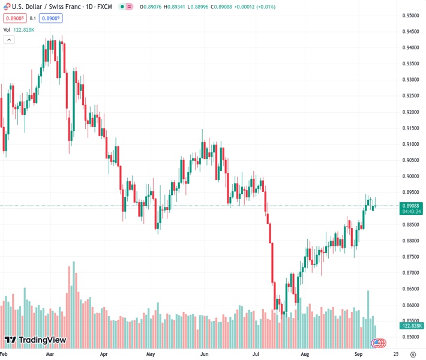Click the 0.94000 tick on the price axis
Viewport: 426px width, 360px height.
click(410, 47)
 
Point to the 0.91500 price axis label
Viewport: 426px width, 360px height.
click(410, 128)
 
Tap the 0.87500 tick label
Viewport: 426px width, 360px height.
click(410, 256)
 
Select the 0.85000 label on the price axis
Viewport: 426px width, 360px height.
click(410, 337)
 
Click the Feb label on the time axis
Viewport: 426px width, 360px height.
click(5, 354)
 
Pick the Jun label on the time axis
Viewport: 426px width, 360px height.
click(203, 354)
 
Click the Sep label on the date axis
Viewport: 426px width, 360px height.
click(358, 354)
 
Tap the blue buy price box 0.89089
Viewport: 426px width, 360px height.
click(51, 18)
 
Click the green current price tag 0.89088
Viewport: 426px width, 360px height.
click(411, 205)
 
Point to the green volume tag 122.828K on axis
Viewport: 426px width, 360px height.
click(411, 326)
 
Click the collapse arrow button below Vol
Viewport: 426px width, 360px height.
click(9, 40)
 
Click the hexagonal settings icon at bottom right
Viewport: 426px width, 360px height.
click(412, 354)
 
